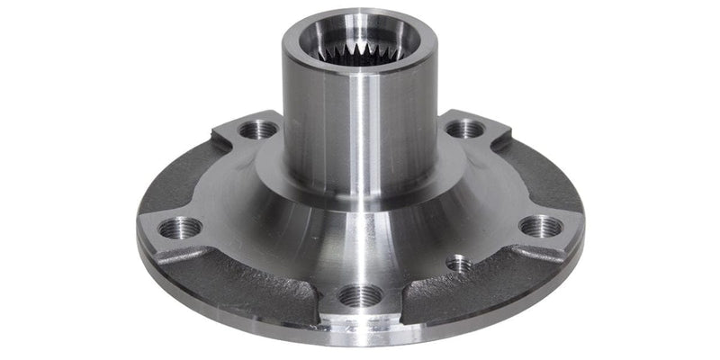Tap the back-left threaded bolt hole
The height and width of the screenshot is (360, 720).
point(259,130)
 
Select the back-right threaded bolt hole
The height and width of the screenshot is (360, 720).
point(464,129)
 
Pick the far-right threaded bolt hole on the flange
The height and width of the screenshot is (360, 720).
point(540,225)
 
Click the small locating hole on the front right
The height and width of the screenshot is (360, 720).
point(459,264)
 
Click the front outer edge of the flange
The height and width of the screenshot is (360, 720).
point(360,338)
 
